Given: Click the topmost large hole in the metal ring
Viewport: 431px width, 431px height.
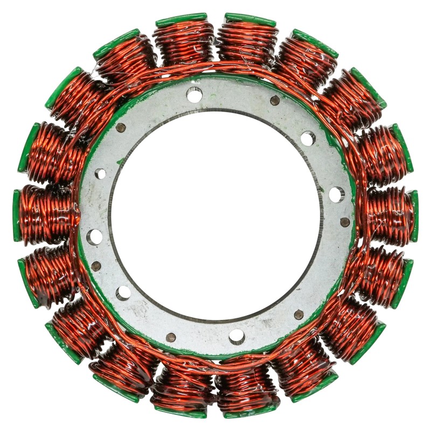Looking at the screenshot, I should [x=194, y=95].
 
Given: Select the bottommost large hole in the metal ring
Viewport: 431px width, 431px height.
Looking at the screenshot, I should [x=237, y=336].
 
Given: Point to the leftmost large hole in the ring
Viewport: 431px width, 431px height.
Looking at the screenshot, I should [x=94, y=237].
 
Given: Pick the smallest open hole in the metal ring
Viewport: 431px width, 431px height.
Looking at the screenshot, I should [x=100, y=173].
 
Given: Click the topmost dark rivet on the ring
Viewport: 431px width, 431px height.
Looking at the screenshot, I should [x=275, y=100].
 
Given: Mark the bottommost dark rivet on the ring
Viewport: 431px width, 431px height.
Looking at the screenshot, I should [x=171, y=337].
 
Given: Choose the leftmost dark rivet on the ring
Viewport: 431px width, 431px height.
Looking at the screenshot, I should [x=96, y=266].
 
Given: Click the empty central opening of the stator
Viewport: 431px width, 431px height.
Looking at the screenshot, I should [x=215, y=215].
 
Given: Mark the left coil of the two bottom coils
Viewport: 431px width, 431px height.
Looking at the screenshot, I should [x=183, y=391].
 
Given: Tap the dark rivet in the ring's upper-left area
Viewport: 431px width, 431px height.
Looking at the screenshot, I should [x=121, y=128].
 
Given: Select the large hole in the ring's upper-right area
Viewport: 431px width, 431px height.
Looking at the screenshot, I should [x=308, y=138].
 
